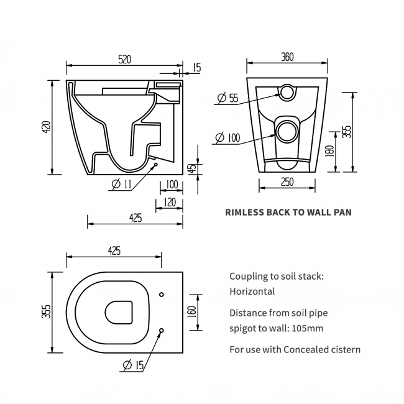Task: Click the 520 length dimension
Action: tap(124, 59)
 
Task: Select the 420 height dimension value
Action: tap(45, 127)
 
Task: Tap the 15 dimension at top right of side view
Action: tap(196, 67)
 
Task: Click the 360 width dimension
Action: tap(287, 57)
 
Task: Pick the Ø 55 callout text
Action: tap(228, 98)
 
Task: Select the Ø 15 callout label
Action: tap(134, 366)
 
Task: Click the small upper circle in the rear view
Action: tap(287, 92)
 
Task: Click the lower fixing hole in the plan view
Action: tap(162, 331)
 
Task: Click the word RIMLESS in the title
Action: tap(244, 212)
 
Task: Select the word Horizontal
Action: tap(252, 291)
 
